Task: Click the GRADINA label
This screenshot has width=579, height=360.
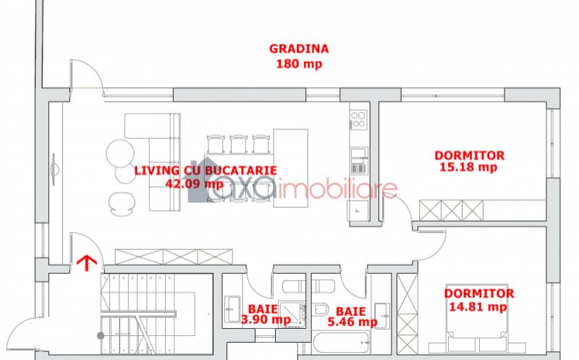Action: coord(299,49)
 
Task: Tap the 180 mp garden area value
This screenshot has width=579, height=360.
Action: coord(299,64)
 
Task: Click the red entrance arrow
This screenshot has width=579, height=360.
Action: coord(87,262)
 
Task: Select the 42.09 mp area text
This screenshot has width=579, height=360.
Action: coord(194,183)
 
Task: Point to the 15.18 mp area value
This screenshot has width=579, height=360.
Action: coord(468,167)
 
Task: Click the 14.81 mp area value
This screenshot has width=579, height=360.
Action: coord(478,306)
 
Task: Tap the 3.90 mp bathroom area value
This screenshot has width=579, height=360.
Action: coord(266,319)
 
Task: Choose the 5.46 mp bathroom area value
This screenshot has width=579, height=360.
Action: coord(352,322)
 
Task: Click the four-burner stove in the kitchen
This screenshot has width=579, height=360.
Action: coord(358,120)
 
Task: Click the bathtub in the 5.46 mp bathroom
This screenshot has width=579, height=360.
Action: coord(341,343)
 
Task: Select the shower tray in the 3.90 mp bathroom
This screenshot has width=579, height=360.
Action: coord(292,314)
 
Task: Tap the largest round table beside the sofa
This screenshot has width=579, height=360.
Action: coord(120,153)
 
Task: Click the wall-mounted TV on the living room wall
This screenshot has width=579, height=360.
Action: coord(54,169)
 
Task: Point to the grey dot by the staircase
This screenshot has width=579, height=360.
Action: coord(101,335)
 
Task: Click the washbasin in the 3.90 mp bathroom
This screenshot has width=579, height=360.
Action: coord(232,309)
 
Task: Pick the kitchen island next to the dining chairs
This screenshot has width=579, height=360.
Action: coord(291,168)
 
